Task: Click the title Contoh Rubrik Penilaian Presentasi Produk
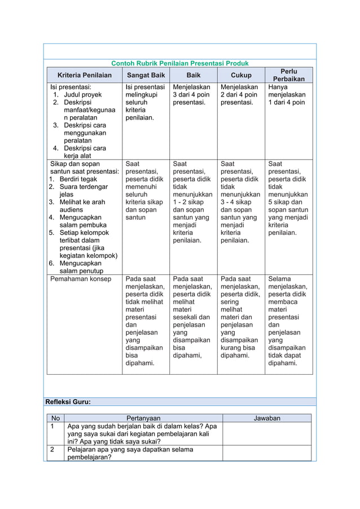[x=179, y=63]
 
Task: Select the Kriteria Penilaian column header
[x=85, y=74]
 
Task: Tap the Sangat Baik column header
[x=146, y=74]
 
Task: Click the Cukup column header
[x=241, y=74]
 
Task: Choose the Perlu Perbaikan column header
[x=289, y=74]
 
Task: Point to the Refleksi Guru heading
[x=68, y=402]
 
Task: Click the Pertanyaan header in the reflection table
[x=144, y=418]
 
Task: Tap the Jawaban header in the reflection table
[x=267, y=418]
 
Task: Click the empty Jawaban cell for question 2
[x=267, y=453]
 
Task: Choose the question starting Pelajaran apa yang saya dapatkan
[x=130, y=453]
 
